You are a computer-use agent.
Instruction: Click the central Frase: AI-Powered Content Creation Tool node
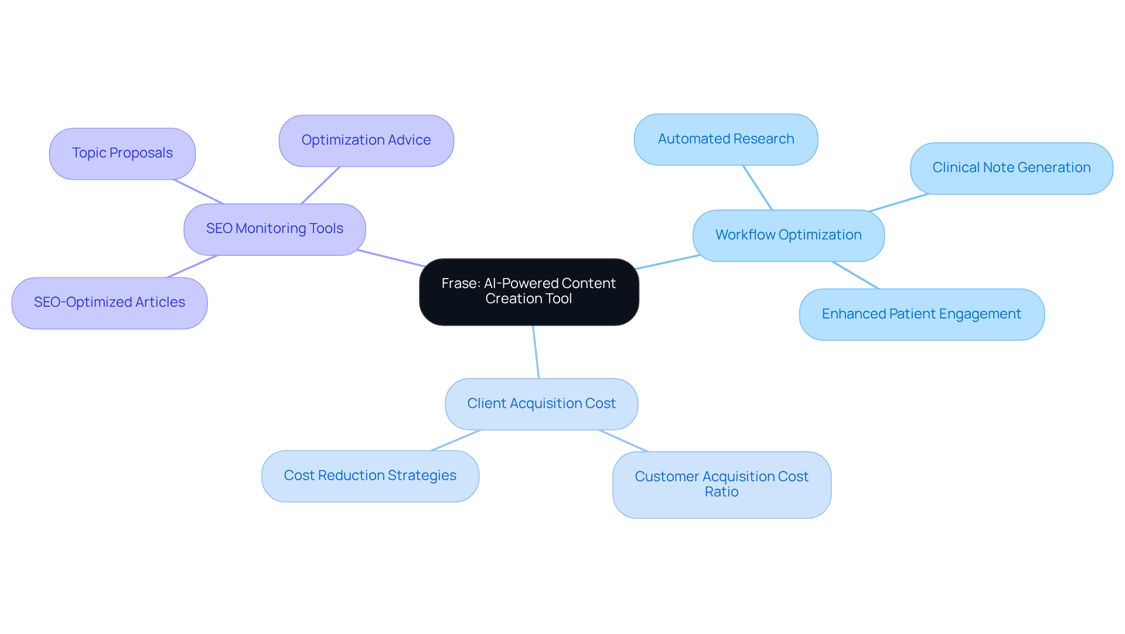pyautogui.click(x=529, y=292)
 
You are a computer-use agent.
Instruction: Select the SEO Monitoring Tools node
pyautogui.click(x=274, y=229)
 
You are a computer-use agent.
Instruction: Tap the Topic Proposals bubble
pyautogui.click(x=122, y=153)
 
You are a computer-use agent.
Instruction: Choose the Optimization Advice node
pyautogui.click(x=366, y=140)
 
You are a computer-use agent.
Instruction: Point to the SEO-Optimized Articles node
pyautogui.click(x=109, y=303)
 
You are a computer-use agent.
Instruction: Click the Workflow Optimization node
pyautogui.click(x=788, y=235)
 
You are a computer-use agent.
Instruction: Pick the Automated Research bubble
pyautogui.click(x=725, y=139)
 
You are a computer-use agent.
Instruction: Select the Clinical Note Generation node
pyautogui.click(x=1011, y=168)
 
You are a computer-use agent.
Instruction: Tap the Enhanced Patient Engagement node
pyautogui.click(x=921, y=314)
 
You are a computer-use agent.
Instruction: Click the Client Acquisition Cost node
pyautogui.click(x=541, y=404)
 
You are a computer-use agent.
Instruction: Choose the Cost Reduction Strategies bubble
pyautogui.click(x=370, y=476)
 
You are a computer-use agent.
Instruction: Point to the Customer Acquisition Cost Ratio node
pyautogui.click(x=721, y=485)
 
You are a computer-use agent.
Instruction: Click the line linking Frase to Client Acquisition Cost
pyautogui.click(x=536, y=352)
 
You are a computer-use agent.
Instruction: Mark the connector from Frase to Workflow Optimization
pyautogui.click(x=667, y=262)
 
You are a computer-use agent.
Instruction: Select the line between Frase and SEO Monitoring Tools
pyautogui.click(x=391, y=258)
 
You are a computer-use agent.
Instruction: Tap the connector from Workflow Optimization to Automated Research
pyautogui.click(x=758, y=187)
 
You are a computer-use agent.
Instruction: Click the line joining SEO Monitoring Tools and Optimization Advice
pyautogui.click(x=321, y=185)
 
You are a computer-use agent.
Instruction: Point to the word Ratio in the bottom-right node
pyautogui.click(x=721, y=492)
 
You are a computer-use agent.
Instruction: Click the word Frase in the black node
pyautogui.click(x=460, y=284)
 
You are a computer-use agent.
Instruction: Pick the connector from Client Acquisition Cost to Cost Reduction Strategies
pyautogui.click(x=456, y=440)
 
